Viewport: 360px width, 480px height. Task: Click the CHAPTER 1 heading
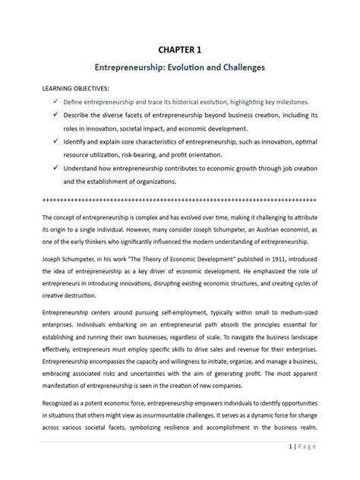[x=180, y=49]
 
